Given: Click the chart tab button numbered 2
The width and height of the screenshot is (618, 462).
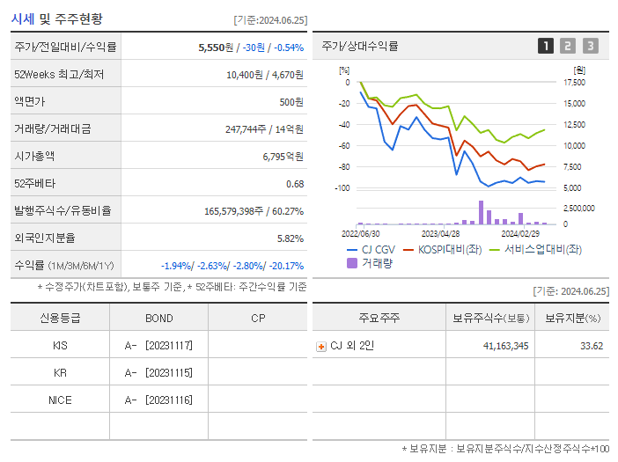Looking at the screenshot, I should click(x=568, y=46).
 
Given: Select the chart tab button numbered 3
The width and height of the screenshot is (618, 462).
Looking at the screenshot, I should click(x=590, y=46).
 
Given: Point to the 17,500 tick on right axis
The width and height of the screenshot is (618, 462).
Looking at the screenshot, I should click(x=573, y=83).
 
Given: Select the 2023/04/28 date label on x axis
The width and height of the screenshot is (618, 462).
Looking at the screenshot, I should click(x=440, y=234).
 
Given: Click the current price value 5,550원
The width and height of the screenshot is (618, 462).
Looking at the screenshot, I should click(x=215, y=48).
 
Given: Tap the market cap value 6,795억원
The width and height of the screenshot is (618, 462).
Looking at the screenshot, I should click(x=283, y=156).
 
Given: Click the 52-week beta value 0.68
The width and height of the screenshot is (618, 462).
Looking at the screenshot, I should click(x=294, y=183).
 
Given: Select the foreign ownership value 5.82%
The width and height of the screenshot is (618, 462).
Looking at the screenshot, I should click(x=290, y=238).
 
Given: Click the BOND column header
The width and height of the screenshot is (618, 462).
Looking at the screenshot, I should click(x=158, y=319).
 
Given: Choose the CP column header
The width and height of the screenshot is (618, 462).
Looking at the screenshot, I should click(x=258, y=319).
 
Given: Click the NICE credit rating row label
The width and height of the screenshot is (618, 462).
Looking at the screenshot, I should click(x=60, y=400).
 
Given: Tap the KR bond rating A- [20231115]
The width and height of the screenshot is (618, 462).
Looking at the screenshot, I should click(x=158, y=372).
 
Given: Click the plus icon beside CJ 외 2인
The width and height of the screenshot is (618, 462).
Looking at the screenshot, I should click(x=321, y=346).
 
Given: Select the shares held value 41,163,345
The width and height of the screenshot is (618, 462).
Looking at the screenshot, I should click(x=500, y=346).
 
